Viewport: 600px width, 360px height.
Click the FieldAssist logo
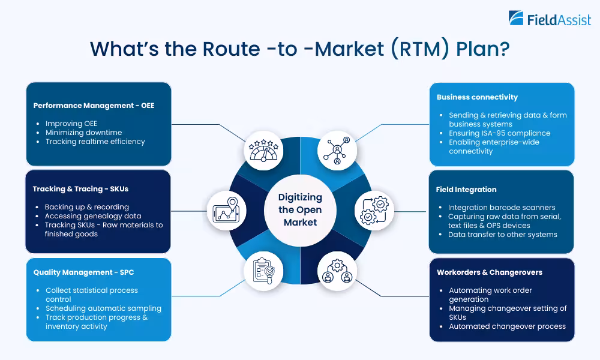coord(549,19)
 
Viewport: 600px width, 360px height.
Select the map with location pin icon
coord(226,211)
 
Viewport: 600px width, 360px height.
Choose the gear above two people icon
coord(337,271)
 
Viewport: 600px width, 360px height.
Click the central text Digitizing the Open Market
coord(300,209)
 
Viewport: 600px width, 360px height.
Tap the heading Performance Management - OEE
coord(94,106)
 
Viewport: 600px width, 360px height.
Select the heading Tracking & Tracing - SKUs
coord(80,189)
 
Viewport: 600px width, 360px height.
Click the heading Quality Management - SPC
coord(83,272)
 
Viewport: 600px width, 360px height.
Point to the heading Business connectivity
coord(477,97)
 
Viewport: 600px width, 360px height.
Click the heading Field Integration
coord(466,190)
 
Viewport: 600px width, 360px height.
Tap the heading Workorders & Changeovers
coord(489,272)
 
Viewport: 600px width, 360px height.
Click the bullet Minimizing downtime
coord(83,133)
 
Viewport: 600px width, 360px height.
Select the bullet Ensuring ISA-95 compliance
coord(499,133)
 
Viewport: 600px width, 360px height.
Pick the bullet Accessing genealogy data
coord(93,216)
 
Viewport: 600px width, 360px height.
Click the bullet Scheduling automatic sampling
coord(103,308)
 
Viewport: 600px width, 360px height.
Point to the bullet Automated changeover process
coord(507,326)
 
